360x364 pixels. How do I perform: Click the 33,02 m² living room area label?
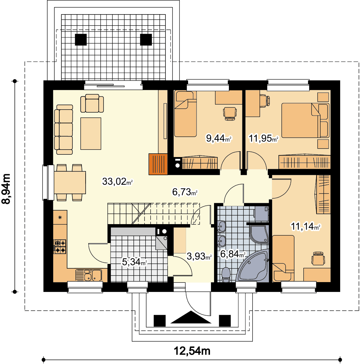pyautogui.click(x=117, y=182)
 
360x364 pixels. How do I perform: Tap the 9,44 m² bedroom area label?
pyautogui.click(x=219, y=139)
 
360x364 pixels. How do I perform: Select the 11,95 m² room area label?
pyautogui.click(x=264, y=139)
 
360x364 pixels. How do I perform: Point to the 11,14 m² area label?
pyautogui.click(x=305, y=226)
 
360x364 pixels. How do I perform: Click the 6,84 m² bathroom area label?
pyautogui.click(x=233, y=254)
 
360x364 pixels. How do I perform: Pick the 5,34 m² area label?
pyautogui.click(x=134, y=262)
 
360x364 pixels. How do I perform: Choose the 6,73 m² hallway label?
pyautogui.click(x=185, y=192)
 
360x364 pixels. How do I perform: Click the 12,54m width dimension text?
pyautogui.click(x=192, y=351)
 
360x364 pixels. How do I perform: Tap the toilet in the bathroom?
pyautogui.click(x=226, y=275)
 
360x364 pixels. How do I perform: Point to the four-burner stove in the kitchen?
pyautogui.click(x=60, y=246)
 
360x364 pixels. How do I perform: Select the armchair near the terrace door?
pyautogui.click(x=92, y=103)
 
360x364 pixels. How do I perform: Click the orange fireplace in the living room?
pyautogui.click(x=158, y=164)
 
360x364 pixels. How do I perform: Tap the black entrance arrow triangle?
pyautogui.click(x=191, y=317)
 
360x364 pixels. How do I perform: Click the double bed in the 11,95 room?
pyautogui.click(x=305, y=120)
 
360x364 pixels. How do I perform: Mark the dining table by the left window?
pyautogui.click(x=70, y=182)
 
